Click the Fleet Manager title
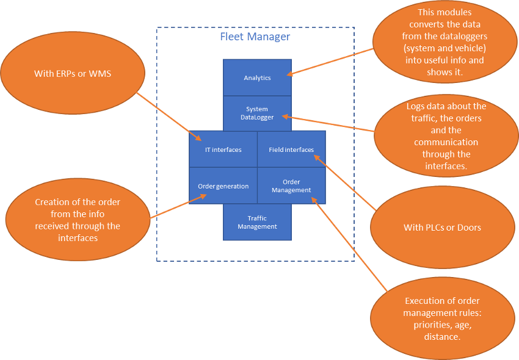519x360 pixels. (255, 37)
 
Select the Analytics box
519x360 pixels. (257, 77)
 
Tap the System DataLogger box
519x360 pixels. (257, 113)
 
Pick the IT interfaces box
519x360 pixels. (223, 149)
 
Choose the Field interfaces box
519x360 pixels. (291, 149)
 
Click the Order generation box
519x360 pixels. (223, 185)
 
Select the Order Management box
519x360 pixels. (291, 185)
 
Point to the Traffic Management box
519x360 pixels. (257, 222)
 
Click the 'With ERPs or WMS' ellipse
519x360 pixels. (73, 73)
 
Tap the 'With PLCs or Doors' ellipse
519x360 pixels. (443, 228)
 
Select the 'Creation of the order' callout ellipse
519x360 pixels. (78, 220)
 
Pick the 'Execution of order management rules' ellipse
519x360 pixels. (443, 319)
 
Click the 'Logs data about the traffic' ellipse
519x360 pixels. (446, 135)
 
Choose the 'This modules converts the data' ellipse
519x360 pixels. (445, 42)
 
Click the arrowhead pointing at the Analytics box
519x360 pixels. (289, 74)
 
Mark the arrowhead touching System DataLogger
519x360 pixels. (285, 117)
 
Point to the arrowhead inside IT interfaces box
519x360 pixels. (198, 138)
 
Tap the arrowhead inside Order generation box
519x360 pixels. (203, 196)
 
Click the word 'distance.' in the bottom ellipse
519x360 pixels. (442, 337)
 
